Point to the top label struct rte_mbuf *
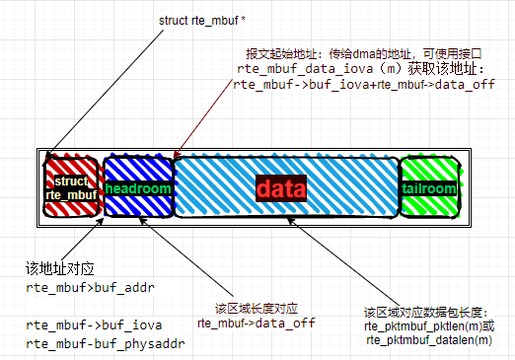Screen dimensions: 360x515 [204, 21]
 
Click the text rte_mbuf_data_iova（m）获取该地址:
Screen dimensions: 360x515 [359, 69]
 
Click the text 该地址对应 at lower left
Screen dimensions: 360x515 [58, 267]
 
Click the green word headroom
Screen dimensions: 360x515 [138, 187]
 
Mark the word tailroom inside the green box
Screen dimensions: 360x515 [429, 188]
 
